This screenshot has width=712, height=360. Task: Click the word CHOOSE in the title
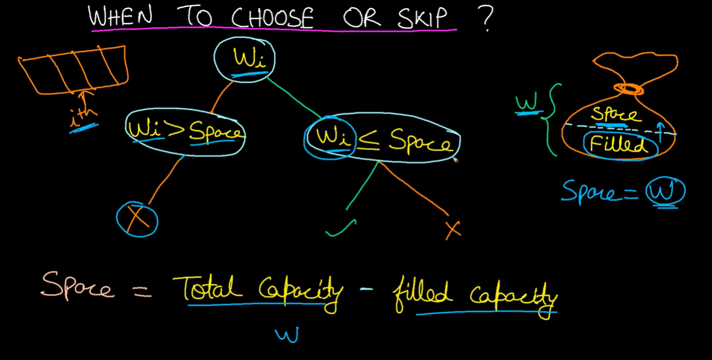pyautogui.click(x=272, y=19)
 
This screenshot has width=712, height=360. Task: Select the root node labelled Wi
pyautogui.click(x=244, y=59)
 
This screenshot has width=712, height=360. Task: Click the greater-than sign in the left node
pyautogui.click(x=175, y=131)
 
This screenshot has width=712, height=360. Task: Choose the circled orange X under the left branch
pyautogui.click(x=137, y=219)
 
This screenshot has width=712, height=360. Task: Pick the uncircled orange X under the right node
pyautogui.click(x=453, y=230)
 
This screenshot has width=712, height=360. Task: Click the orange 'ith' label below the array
pyautogui.click(x=83, y=116)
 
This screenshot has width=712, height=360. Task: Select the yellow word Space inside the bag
pyautogui.click(x=615, y=114)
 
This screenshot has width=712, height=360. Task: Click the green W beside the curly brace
pyautogui.click(x=525, y=103)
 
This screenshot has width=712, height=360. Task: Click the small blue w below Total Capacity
pyautogui.click(x=286, y=335)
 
